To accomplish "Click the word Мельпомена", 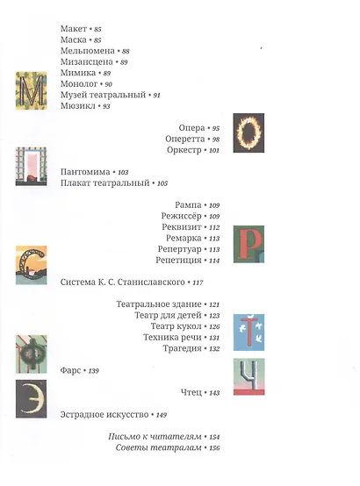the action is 88,51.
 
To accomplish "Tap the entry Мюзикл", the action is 78,106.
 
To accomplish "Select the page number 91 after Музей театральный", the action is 156,95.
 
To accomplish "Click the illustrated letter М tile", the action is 32,90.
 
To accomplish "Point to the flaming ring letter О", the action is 248,132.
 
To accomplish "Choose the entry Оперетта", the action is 185,139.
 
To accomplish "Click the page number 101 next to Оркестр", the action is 214,150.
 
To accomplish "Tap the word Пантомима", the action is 85,172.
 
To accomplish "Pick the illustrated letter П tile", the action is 31,167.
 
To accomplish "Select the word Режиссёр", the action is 181,216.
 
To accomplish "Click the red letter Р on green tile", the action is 248,244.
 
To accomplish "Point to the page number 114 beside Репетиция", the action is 214,261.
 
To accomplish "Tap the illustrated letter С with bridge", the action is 31,265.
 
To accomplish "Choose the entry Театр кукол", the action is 176,326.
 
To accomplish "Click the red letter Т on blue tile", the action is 248,332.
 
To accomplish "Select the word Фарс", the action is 70,370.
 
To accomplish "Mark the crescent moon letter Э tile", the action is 31,399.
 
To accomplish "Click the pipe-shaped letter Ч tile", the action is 248,376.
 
